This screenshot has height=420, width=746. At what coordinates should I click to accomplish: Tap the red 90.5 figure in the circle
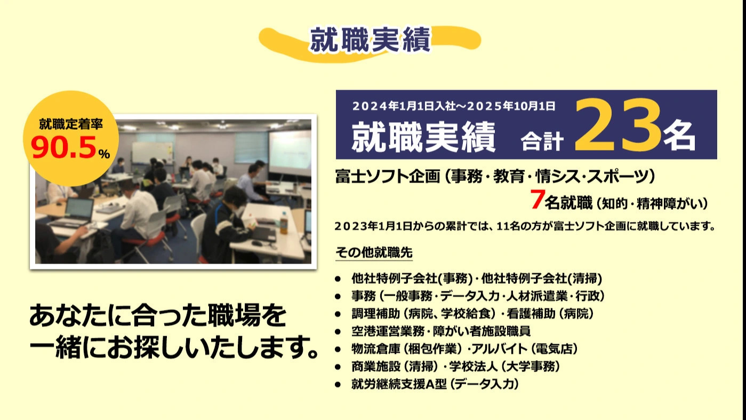(x=63, y=149)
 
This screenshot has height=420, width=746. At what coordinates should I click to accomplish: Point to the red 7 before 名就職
(x=537, y=201)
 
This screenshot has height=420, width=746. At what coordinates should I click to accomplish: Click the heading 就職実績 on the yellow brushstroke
(x=370, y=39)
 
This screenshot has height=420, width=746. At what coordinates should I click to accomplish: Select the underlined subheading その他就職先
(x=374, y=251)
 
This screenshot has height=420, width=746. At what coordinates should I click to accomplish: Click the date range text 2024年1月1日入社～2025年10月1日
(x=454, y=106)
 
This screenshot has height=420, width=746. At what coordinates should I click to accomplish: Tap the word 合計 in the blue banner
(x=542, y=141)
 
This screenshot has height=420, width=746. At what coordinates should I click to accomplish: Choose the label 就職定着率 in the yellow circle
(x=71, y=124)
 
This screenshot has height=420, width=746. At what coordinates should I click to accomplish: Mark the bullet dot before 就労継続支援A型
(x=338, y=384)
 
